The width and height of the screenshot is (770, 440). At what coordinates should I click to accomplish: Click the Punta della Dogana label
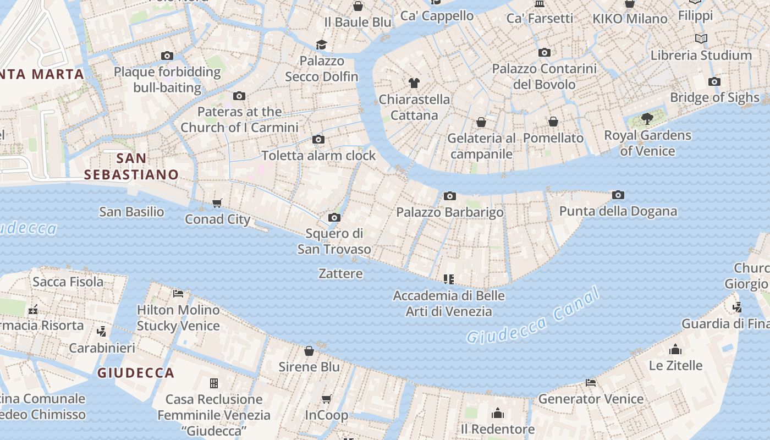click(x=618, y=211)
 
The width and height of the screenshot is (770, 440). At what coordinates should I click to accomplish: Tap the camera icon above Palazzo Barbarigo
click(x=449, y=196)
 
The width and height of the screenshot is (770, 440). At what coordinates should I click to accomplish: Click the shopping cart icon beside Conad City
click(x=217, y=204)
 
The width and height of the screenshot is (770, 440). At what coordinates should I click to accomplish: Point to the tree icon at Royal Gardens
click(x=647, y=118)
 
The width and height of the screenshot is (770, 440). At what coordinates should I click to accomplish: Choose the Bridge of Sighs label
click(x=714, y=98)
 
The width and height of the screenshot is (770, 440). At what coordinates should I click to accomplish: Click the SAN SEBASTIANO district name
click(x=131, y=167)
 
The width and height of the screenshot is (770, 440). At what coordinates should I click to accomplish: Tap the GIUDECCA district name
click(x=136, y=373)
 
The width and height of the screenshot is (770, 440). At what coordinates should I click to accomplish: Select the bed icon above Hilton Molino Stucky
click(x=178, y=294)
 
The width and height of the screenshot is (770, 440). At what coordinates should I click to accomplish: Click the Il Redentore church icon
click(x=498, y=413)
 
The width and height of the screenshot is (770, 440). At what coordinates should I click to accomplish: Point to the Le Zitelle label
click(x=675, y=365)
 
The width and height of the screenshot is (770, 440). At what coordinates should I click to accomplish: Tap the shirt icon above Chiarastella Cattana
click(x=414, y=83)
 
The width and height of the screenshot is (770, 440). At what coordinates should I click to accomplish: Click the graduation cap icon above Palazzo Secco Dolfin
click(x=321, y=45)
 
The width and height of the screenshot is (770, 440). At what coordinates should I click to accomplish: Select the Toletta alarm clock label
click(x=318, y=156)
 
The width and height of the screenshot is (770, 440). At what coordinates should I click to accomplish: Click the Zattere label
click(x=340, y=273)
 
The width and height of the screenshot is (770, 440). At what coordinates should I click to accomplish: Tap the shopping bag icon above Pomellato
click(x=553, y=122)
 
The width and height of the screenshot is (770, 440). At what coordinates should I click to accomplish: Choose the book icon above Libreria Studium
click(x=701, y=38)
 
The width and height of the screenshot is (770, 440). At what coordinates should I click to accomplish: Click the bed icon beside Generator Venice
click(x=591, y=383)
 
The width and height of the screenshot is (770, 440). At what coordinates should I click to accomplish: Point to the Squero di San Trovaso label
click(x=334, y=241)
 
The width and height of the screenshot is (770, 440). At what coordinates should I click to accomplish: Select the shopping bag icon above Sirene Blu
click(x=309, y=351)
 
